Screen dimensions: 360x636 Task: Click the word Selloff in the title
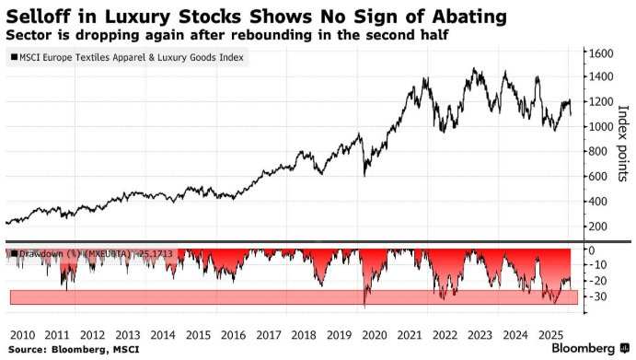(40, 15)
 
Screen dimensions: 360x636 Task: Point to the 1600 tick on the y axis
(600, 52)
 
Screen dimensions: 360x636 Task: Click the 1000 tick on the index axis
(600, 127)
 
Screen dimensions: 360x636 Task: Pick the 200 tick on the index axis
(597, 226)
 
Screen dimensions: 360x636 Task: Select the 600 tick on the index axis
(597, 177)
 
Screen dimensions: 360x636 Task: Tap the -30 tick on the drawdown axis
(597, 296)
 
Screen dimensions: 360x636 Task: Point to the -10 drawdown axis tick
(597, 265)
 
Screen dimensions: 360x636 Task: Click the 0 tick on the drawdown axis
(593, 250)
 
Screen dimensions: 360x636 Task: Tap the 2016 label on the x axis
(234, 334)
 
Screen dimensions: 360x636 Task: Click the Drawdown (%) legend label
(92, 254)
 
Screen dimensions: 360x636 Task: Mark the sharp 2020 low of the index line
(364, 175)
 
